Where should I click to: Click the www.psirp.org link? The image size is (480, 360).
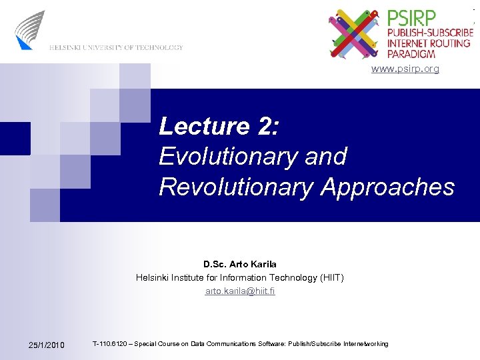405,69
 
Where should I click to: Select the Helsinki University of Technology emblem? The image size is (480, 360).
31,30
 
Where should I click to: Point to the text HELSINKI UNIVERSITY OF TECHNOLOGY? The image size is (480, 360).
115,47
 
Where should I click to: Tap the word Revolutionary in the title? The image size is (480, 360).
236,187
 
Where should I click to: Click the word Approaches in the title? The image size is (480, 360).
387,187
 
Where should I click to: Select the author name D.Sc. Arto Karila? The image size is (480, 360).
240,265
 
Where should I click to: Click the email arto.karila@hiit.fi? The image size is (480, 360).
240,291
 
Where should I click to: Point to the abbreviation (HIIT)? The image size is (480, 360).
327,277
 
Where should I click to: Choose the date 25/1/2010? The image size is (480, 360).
47,345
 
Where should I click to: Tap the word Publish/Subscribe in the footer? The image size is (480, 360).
314,344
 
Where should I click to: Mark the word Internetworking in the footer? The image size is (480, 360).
365,344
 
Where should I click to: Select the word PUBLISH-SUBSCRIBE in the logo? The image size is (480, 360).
430,32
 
